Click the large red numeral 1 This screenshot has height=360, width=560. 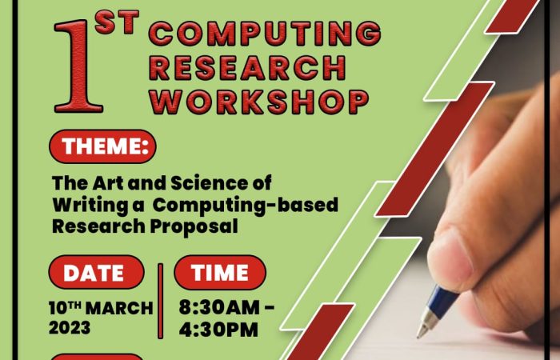pos(78,66)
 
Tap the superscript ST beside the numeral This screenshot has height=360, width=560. pos(117,22)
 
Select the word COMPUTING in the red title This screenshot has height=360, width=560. pos(265,34)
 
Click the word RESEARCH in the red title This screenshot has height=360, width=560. pos(247,68)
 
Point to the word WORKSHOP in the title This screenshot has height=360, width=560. pos(259,102)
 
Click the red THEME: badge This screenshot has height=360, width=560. pos(103,146)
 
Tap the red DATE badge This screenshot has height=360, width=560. pos(97,272)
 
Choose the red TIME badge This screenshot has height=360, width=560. pos(220,272)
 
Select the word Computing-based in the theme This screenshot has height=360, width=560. pos(246,206)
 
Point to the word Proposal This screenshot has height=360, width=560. pos(194,226)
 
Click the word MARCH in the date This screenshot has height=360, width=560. pos(120,308)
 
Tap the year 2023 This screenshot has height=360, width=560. pos(70,327)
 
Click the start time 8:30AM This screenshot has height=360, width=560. pos(219,307)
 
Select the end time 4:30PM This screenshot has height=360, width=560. pos(218,330)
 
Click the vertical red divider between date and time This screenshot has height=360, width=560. pos(160,301)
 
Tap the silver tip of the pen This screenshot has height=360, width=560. pos(426,324)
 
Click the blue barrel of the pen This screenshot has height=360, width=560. pos(443,299)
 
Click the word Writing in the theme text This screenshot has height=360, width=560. pos(90,206)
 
